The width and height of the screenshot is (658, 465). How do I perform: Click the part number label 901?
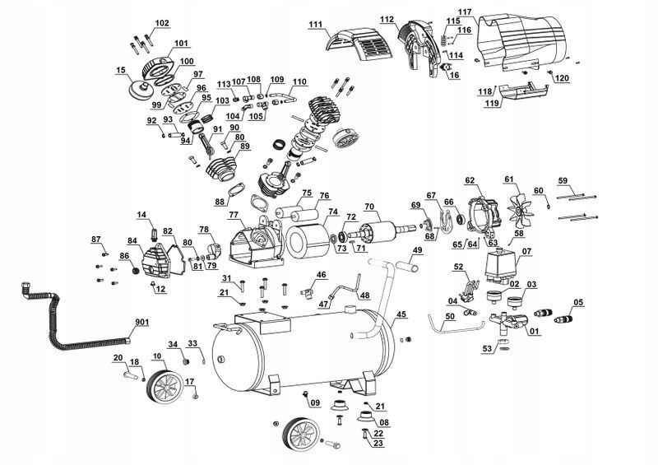pos(141,322)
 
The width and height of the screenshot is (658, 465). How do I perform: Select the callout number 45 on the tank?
pos(401,314)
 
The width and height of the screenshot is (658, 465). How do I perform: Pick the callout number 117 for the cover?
pos(465,12)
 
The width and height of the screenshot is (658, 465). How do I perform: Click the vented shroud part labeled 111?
pos(360,44)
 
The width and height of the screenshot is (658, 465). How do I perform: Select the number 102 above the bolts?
pos(162,23)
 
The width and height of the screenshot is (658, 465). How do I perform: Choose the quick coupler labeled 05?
pos(563,317)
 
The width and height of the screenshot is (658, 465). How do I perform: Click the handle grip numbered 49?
pos(406,267)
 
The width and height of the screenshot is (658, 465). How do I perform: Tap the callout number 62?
pos(470,181)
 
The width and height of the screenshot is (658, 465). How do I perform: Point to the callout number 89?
pos(244,146)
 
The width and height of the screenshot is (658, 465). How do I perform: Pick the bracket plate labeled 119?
pos(525,91)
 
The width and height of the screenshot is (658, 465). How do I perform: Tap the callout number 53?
pos(487,348)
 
